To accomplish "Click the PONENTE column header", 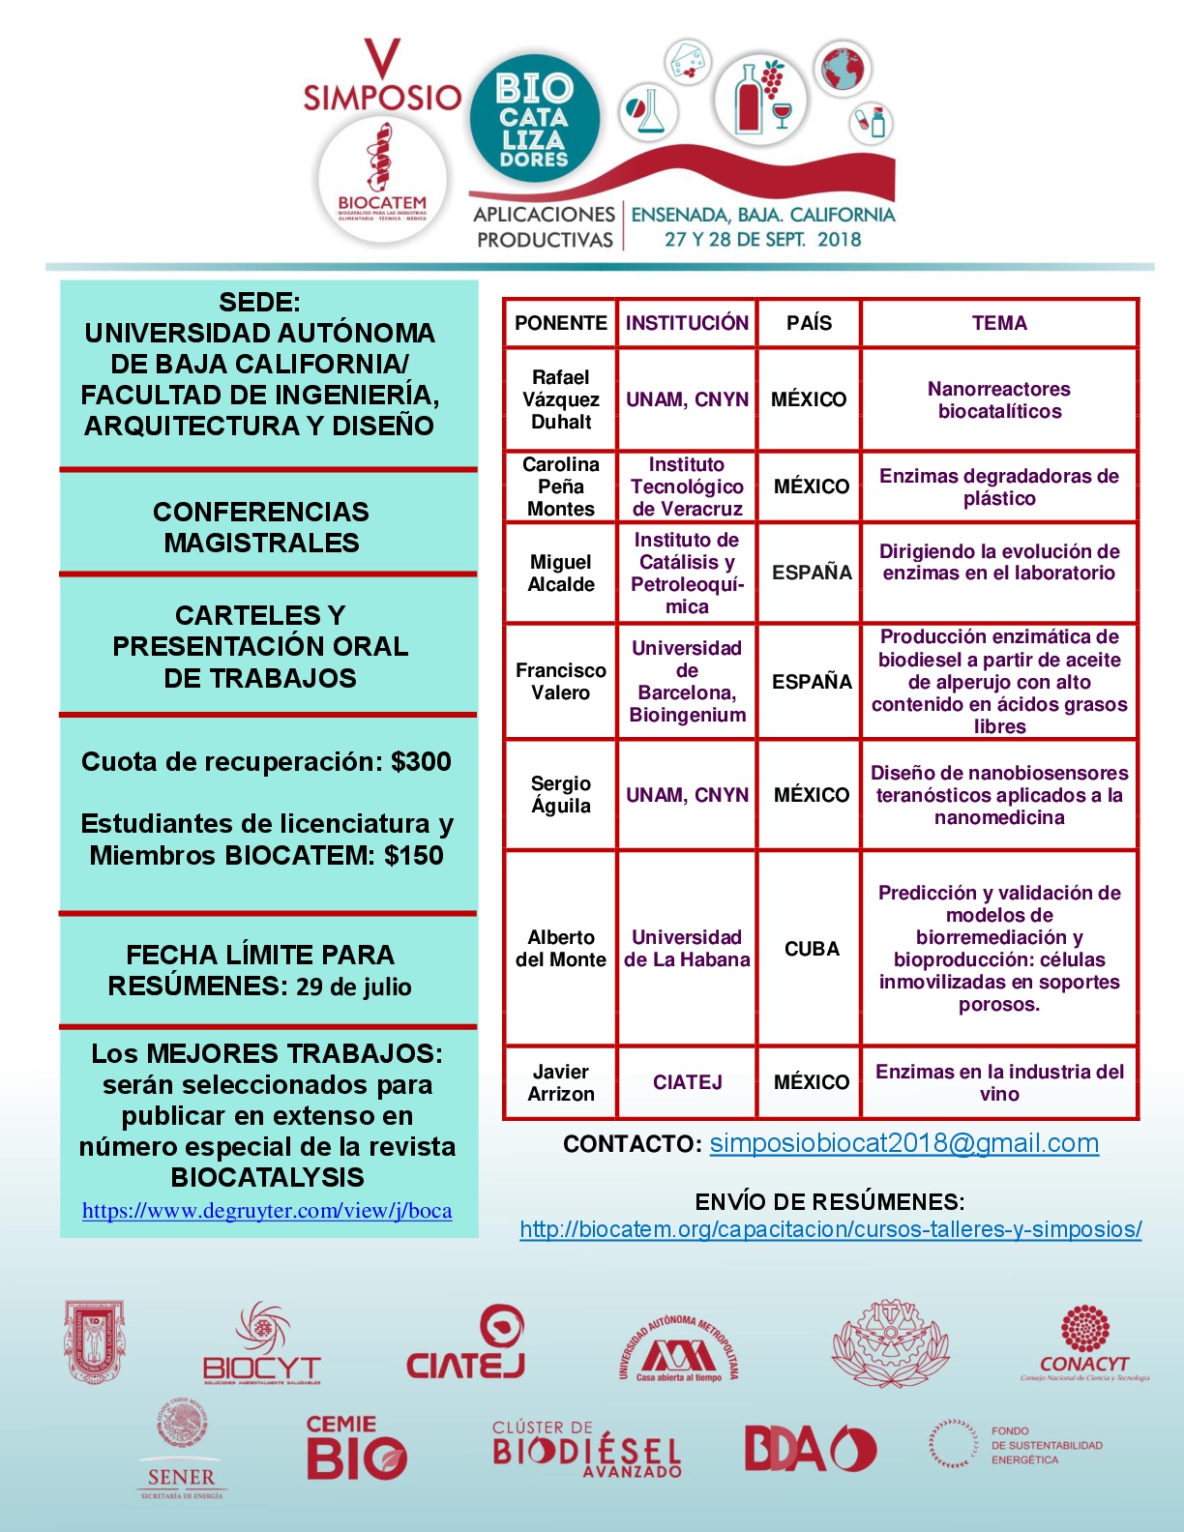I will (560, 323).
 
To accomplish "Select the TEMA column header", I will (999, 323).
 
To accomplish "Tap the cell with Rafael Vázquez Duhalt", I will (560, 399).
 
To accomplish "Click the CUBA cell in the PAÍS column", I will (811, 949).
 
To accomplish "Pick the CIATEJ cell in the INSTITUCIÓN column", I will (687, 1082).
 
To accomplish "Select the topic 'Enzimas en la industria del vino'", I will (999, 1082).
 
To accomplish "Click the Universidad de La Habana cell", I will (687, 949).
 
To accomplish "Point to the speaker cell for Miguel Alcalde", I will (560, 573).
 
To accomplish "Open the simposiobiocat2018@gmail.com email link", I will (903, 1143).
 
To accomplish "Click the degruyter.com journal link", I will (267, 1211).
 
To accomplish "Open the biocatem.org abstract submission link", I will (830, 1229).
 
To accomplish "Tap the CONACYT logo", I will (1084, 1343).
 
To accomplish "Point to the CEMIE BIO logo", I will (355, 1448).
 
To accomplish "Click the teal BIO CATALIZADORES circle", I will (534, 119).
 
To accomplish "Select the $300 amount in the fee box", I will (421, 762).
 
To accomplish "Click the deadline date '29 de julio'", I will (354, 987).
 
